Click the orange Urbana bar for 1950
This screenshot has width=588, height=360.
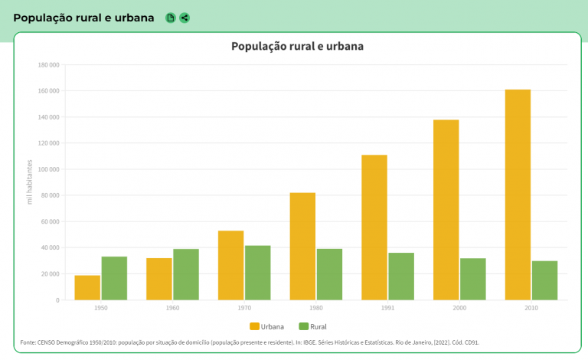(87, 287)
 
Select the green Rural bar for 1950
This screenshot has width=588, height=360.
(114, 278)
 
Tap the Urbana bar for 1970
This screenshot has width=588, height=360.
(230, 265)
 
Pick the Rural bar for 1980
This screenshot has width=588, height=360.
(329, 274)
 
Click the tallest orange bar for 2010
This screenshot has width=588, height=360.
(518, 195)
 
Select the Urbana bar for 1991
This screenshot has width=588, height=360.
(374, 227)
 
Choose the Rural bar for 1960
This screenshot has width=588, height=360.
(186, 274)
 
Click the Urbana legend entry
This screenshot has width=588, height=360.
(266, 326)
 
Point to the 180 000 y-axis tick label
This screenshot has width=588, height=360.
(48, 65)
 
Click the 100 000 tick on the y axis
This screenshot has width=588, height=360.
(48, 169)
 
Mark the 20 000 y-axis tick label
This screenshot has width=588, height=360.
(51, 273)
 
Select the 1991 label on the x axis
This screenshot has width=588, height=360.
(388, 307)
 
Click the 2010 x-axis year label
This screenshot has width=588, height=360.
(531, 307)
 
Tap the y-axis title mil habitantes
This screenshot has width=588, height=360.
(30, 182)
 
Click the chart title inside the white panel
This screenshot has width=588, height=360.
(297, 46)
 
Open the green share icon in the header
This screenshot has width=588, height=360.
(185, 18)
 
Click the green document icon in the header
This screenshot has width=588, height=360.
(171, 18)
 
